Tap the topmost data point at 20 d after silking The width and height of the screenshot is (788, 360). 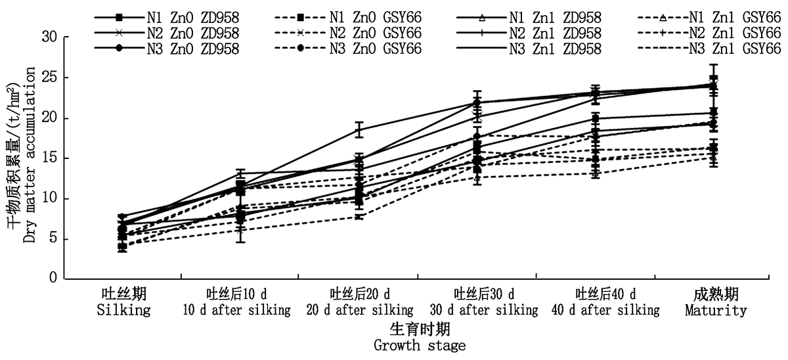359,129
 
